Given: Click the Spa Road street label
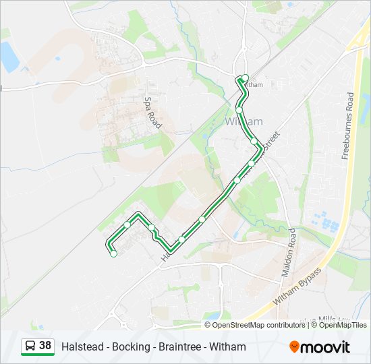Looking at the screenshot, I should pyautogui.click(x=153, y=112).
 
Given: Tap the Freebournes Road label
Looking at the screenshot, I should pyautogui.click(x=348, y=126).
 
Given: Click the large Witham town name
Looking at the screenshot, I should pyautogui.click(x=242, y=121).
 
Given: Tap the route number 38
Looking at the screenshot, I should pyautogui.click(x=45, y=346).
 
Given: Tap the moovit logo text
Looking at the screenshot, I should pyautogui.click(x=325, y=347).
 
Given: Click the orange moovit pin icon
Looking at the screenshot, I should pyautogui.click(x=294, y=347).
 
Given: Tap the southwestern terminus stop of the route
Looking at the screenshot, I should pyautogui.click(x=113, y=254).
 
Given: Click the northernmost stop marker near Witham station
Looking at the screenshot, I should pyautogui.click(x=246, y=78).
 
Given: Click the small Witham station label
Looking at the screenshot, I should pyautogui.click(x=254, y=85).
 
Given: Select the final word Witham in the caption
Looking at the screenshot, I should pyautogui.click(x=228, y=346).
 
